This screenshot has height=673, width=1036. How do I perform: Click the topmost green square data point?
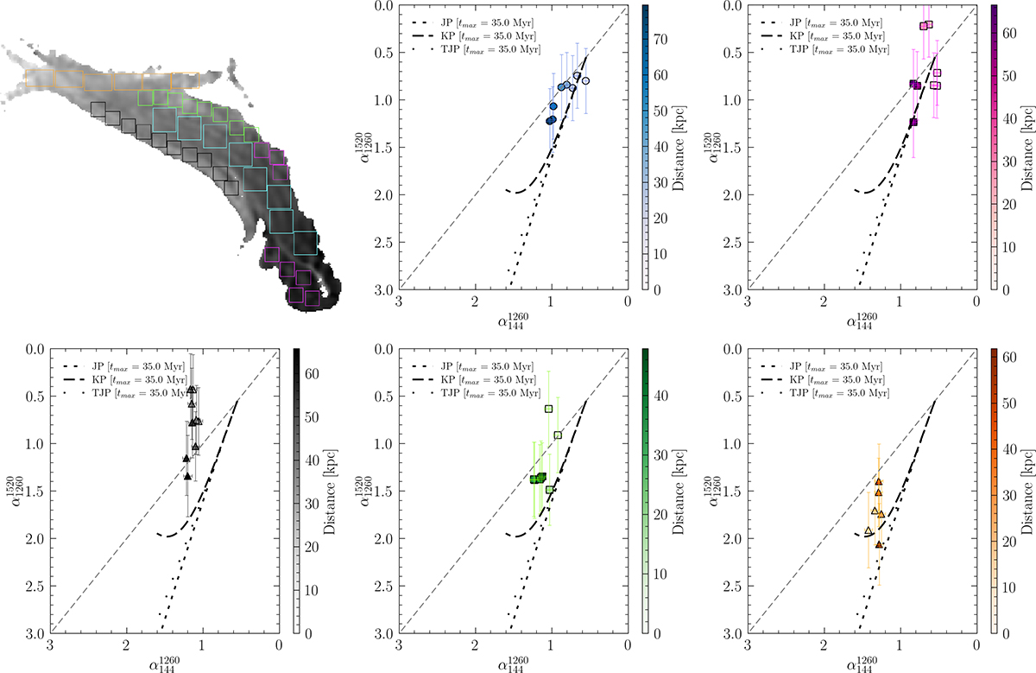[x=549, y=409]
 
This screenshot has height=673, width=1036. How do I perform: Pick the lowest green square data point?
[x=550, y=489]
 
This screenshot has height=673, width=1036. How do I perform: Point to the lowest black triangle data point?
[x=186, y=475]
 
